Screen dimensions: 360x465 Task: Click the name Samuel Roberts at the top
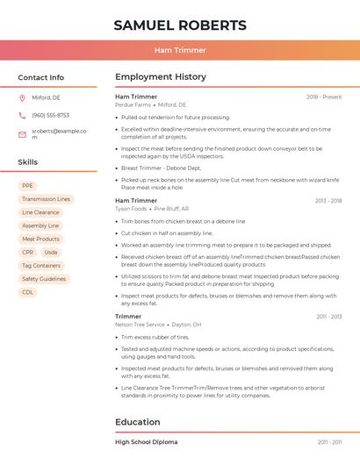tap(180, 25)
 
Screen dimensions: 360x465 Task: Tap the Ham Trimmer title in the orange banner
tap(180, 50)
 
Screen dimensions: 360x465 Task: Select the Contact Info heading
tap(40, 77)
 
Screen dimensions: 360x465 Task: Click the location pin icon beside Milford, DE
tap(22, 98)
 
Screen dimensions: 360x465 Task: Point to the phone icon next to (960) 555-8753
tap(22, 116)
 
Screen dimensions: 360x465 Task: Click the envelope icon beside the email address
tap(22, 134)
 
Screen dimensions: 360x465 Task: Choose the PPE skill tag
tap(27, 186)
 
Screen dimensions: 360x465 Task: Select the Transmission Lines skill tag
tap(46, 199)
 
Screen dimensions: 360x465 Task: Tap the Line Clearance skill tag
tap(40, 212)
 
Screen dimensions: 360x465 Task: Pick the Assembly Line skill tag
tap(40, 225)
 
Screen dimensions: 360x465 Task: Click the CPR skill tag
tap(28, 253)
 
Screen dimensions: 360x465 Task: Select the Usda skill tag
tap(51, 253)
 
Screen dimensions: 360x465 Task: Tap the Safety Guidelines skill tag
tap(44, 279)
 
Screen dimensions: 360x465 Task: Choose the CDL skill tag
tap(27, 292)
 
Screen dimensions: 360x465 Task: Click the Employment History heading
tap(161, 77)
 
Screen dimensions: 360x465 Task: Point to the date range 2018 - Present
tap(324, 97)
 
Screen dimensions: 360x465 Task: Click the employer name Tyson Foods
tap(131, 209)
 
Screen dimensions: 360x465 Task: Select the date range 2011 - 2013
tap(329, 317)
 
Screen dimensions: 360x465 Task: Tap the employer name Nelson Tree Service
tap(140, 325)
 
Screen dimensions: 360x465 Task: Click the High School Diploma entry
tap(146, 442)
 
